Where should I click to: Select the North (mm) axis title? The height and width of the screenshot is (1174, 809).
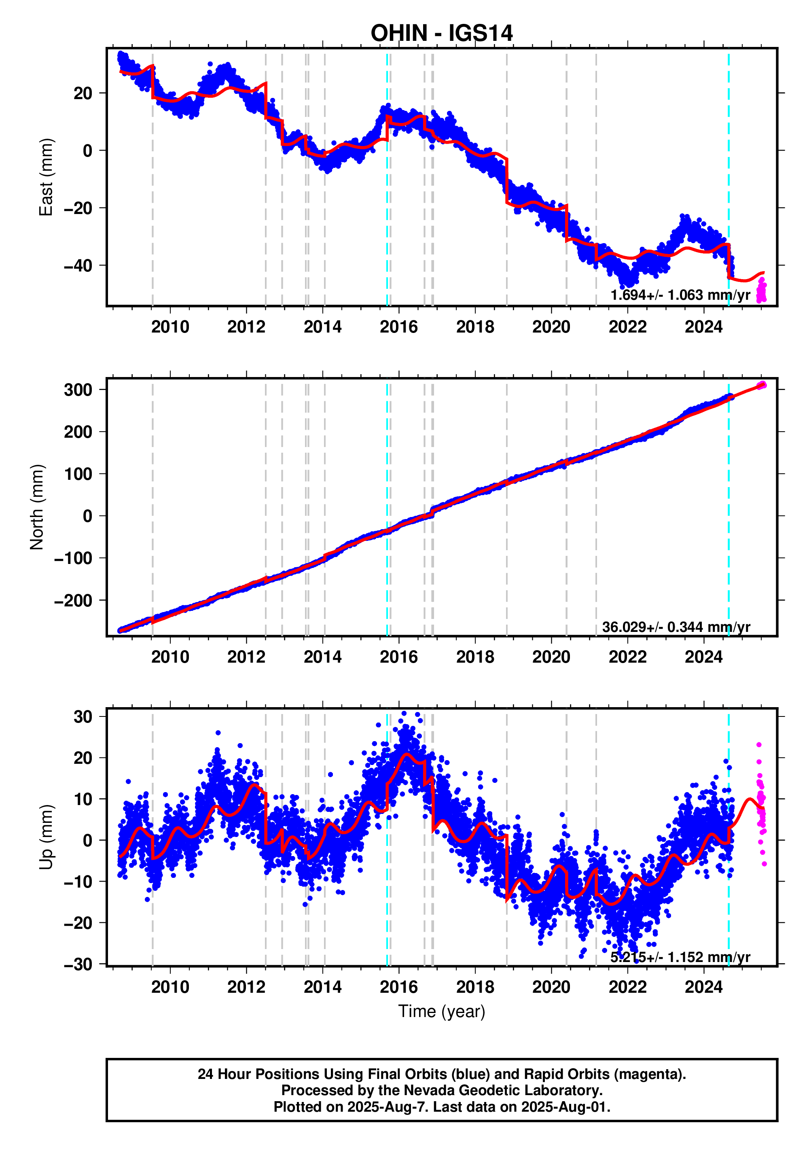[x=36, y=507]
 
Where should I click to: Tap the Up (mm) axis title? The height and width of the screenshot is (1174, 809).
[x=46, y=837]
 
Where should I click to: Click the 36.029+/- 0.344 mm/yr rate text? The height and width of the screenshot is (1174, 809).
[x=676, y=627]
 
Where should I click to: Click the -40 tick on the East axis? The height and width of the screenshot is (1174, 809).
[x=78, y=266]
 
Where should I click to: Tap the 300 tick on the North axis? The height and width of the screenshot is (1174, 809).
[x=78, y=390]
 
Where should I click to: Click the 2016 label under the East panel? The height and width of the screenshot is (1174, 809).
[x=398, y=327]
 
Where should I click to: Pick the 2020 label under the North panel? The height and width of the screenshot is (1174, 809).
[x=551, y=657]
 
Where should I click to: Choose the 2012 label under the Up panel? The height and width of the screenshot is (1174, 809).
[x=246, y=987]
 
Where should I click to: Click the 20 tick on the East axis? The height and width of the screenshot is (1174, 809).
[x=83, y=93]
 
